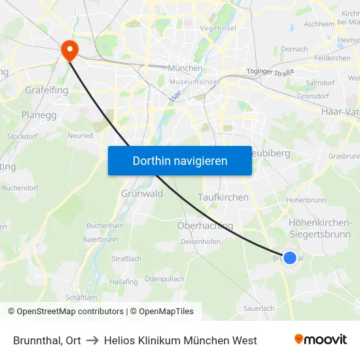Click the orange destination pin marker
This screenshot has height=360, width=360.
coord(68,49)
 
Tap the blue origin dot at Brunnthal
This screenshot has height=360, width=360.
coord(289,258)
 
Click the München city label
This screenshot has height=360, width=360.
coord(185,67)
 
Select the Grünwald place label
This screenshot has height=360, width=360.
coord(142,193)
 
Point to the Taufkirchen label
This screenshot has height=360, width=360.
coord(223,197)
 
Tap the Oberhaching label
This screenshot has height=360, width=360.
coord(205,226)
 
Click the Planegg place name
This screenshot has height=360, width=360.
coord(39,115)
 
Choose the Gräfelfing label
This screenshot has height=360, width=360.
coord(46,90)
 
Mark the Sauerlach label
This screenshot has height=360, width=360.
coord(259,307)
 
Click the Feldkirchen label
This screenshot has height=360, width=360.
coord(332,58)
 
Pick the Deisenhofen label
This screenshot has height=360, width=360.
coord(200,241)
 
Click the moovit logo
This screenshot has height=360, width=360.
coord(320,339)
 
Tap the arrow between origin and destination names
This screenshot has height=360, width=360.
coord(92,340)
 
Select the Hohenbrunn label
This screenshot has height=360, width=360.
coord(306,200)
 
